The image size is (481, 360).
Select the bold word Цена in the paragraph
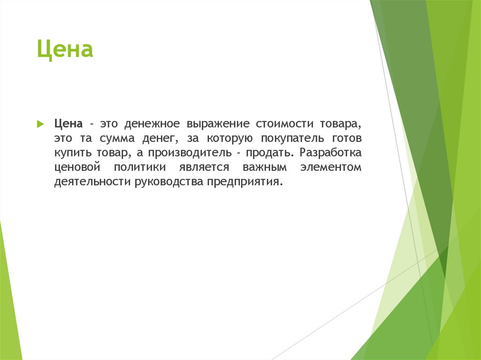[69, 124]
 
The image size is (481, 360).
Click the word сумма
[117, 139]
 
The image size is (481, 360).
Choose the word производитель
[190, 153]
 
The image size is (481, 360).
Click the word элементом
[332, 168]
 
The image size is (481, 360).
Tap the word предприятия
[245, 182]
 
